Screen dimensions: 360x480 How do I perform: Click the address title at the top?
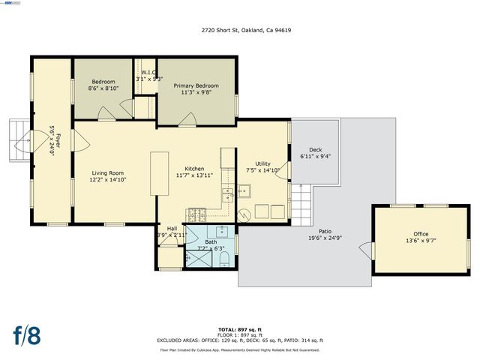pyautogui.click(x=239, y=31)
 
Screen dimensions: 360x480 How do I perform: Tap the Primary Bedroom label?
pyautogui.click(x=196, y=86)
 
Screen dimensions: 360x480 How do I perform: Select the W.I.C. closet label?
pyautogui.click(x=148, y=73)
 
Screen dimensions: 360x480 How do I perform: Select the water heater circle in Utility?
pyautogui.click(x=241, y=214)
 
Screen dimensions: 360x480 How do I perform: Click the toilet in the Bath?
pyautogui.click(x=224, y=259)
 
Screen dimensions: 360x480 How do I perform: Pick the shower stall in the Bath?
pyautogui.click(x=199, y=258)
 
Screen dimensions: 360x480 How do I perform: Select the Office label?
pyautogui.click(x=421, y=234)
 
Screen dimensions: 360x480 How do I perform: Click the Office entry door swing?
pyautogui.click(x=365, y=247)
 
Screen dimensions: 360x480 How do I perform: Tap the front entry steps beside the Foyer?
pyautogui.click(x=18, y=139)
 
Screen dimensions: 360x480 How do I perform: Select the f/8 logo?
pyautogui.click(x=27, y=334)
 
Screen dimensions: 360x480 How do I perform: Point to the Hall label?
pyautogui.click(x=172, y=228)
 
